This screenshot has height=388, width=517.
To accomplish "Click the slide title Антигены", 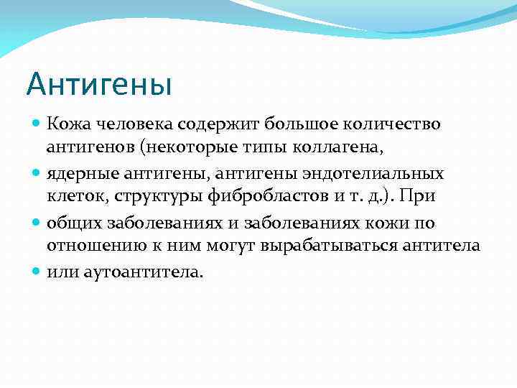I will click(x=99, y=84).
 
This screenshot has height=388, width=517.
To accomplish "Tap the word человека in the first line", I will click(x=125, y=124).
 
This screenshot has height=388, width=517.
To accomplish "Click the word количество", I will click(x=395, y=124).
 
